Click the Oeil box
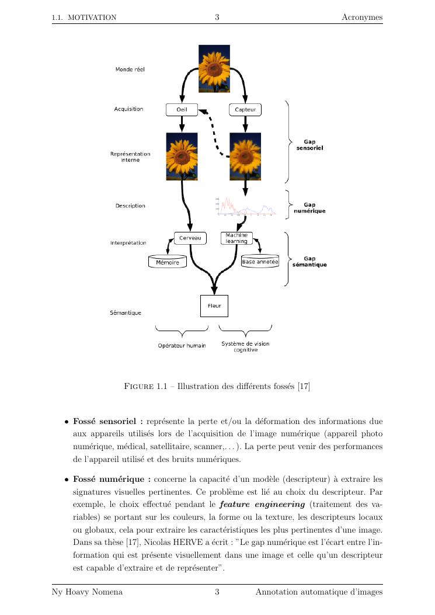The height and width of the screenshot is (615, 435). coord(182,110)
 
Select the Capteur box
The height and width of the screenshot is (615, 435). coord(245,110)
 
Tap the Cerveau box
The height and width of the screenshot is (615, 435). coord(190,238)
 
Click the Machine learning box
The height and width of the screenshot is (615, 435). coord(236,238)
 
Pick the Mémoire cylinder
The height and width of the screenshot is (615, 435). coord(168,262)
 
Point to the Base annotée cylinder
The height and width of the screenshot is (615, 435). coord(260,262)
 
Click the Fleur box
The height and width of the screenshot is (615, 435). coord(214,305)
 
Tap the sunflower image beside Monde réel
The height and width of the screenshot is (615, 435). coord(214,69)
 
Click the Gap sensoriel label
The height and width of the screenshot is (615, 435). coord(309,145)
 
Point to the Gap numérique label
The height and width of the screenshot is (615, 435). coord(309,208)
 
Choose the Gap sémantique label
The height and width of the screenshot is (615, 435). coord(309,262)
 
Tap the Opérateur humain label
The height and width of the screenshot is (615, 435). coord(182,346)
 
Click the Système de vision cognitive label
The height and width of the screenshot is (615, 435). coord(245,347)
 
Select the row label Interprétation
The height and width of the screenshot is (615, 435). coord(128,243)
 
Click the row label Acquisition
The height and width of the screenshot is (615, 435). coord(129,109)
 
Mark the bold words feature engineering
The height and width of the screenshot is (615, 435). coord(270,504)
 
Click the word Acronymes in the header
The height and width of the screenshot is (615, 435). coord(362,18)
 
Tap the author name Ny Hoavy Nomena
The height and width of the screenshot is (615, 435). coord(88,593)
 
